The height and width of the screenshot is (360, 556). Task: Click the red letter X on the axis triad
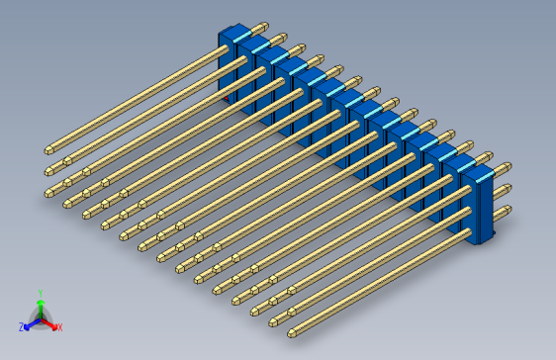(59, 326)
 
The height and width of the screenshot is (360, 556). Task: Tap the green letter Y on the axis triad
(40, 293)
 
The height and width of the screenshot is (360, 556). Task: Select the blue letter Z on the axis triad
(22, 326)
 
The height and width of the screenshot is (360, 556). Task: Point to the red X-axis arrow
(50, 322)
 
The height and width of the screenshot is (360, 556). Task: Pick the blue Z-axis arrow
(30, 322)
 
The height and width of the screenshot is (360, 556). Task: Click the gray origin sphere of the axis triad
(40, 317)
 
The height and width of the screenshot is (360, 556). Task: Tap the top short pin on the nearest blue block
(502, 167)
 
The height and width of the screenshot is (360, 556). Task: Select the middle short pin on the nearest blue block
(504, 189)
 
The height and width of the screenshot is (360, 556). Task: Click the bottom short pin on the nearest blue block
(504, 211)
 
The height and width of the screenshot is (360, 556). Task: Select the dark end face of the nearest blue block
(485, 209)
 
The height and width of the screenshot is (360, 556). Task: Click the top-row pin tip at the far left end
(48, 150)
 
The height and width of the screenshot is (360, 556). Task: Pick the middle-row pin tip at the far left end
(48, 172)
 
